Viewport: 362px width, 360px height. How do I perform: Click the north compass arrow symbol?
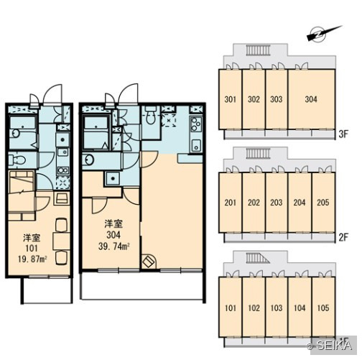[x=324, y=34]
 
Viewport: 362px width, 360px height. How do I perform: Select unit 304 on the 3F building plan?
[x=311, y=99]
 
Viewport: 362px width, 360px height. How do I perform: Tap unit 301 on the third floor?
[x=230, y=99]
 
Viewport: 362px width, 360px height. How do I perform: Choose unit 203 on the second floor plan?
[x=277, y=203]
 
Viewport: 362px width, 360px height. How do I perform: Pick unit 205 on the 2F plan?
[x=323, y=203]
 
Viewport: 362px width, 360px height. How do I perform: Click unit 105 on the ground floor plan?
[x=323, y=308]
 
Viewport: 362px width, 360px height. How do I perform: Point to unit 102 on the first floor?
[x=254, y=308]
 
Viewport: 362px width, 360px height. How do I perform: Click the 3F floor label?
[x=343, y=134]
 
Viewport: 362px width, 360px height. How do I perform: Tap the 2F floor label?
[x=343, y=237]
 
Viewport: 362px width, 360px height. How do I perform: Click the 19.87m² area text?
[x=32, y=259]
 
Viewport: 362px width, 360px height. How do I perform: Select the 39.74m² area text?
[x=114, y=246]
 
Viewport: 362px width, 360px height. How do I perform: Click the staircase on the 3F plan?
[x=259, y=50]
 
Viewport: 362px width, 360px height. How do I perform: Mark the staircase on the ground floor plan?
[x=258, y=258]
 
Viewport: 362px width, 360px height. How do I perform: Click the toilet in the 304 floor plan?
[x=150, y=115]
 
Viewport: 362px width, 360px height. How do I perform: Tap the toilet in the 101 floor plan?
[x=17, y=160]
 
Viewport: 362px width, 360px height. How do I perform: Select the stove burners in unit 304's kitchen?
[x=196, y=124]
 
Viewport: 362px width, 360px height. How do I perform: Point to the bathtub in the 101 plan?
[x=23, y=132]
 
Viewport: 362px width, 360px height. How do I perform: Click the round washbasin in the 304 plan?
[x=88, y=160]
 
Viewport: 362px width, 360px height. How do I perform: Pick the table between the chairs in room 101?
[x=61, y=241]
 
